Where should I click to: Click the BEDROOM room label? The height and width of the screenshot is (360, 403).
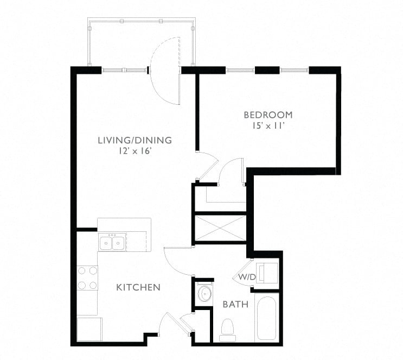(x=268, y=115)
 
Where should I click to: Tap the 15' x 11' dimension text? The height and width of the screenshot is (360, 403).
(x=268, y=126)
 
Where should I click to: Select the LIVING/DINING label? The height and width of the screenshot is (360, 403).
(x=135, y=140)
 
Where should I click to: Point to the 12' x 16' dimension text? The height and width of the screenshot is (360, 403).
(x=135, y=151)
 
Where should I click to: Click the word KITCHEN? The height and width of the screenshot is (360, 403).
(x=138, y=287)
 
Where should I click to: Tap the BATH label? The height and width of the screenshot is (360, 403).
(x=235, y=305)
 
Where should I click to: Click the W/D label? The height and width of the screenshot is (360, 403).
(x=247, y=277)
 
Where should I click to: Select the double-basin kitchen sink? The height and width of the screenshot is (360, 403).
(x=112, y=242)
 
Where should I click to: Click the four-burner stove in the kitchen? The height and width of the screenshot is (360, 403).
(x=87, y=278)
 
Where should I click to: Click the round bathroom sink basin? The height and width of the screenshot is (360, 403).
(x=205, y=293)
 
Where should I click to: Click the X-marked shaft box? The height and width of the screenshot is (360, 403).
(x=221, y=228)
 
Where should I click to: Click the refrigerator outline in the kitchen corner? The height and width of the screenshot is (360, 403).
(x=89, y=329)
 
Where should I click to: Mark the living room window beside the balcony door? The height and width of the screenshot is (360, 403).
(x=124, y=70)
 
